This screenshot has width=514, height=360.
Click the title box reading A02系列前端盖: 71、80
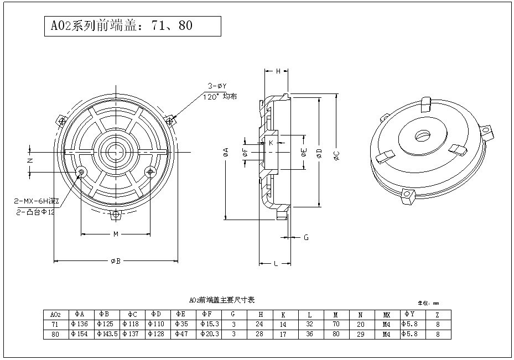tap(132, 26)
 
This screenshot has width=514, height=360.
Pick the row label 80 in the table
tap(55, 334)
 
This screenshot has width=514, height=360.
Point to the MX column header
tap(386, 314)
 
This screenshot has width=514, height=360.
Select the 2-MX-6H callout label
tap(37, 202)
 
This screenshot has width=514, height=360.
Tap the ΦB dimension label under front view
tap(115, 260)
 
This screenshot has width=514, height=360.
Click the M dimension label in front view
tap(116, 234)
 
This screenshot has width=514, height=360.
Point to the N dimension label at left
tap(30, 160)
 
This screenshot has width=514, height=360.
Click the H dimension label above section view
tap(278, 71)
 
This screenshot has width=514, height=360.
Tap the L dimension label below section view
tap(276, 264)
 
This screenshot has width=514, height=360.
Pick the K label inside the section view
tap(271, 143)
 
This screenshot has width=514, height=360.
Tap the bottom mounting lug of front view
tap(116, 214)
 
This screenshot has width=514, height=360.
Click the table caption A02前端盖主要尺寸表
tap(221, 300)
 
